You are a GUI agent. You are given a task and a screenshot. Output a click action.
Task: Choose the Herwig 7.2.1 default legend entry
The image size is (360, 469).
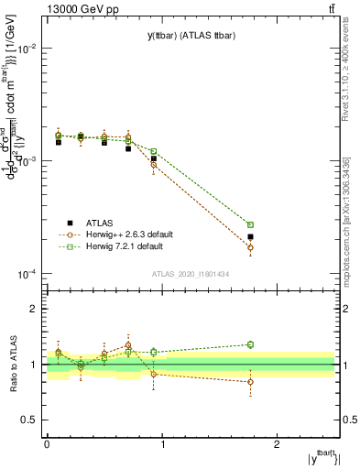click(125, 246)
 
